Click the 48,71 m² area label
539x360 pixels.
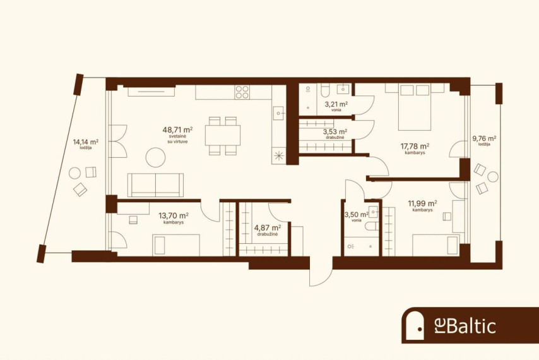point(177,135)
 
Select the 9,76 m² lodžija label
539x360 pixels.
point(484,141)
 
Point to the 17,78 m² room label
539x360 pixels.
point(415,148)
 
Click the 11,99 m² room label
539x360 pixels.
point(422,206)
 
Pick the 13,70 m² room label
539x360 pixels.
point(173,218)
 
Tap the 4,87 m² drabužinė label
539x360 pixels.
point(268,230)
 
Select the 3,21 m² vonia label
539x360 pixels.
point(336,105)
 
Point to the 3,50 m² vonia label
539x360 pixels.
point(357,217)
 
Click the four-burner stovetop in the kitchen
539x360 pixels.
point(242,92)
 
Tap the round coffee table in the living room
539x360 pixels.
point(155,157)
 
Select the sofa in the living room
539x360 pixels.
point(155,185)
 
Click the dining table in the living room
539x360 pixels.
point(223,135)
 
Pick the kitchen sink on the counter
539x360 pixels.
point(278,113)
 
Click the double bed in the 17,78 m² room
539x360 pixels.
point(415,107)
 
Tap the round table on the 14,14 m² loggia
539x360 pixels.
point(74,173)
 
